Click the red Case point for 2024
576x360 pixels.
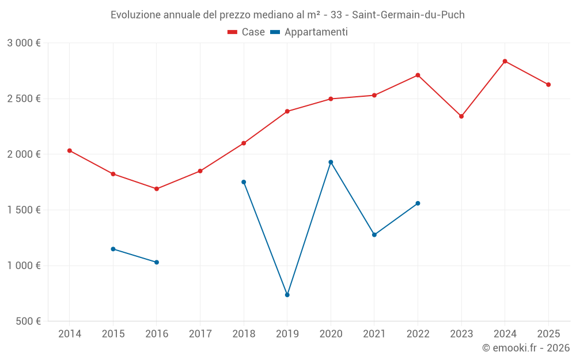pyautogui.click(x=505, y=61)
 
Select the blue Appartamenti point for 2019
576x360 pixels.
pyautogui.click(x=287, y=295)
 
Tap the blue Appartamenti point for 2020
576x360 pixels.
pyautogui.click(x=331, y=162)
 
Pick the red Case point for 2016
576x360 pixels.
pyautogui.click(x=157, y=189)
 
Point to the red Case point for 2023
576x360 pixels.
pyautogui.click(x=461, y=116)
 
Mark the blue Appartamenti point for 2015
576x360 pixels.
pyautogui.click(x=113, y=249)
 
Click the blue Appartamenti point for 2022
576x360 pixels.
pyautogui.click(x=418, y=203)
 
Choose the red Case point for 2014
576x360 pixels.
pyautogui.click(x=70, y=150)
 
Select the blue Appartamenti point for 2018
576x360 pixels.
pyautogui.click(x=244, y=182)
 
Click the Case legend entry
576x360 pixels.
pyautogui.click(x=247, y=32)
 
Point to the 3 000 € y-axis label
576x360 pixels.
pyautogui.click(x=24, y=43)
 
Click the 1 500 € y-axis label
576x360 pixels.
pyautogui.click(x=24, y=210)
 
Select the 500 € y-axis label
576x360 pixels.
pyautogui.click(x=27, y=321)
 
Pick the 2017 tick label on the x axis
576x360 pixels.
pyautogui.click(x=200, y=334)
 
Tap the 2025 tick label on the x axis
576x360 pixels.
pyautogui.click(x=548, y=334)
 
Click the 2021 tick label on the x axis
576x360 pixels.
pyautogui.click(x=374, y=334)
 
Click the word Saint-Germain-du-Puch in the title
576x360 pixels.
pyautogui.click(x=411, y=15)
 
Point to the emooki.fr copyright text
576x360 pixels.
pyautogui.click(x=526, y=348)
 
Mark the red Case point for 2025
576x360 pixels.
pyautogui.click(x=548, y=85)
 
